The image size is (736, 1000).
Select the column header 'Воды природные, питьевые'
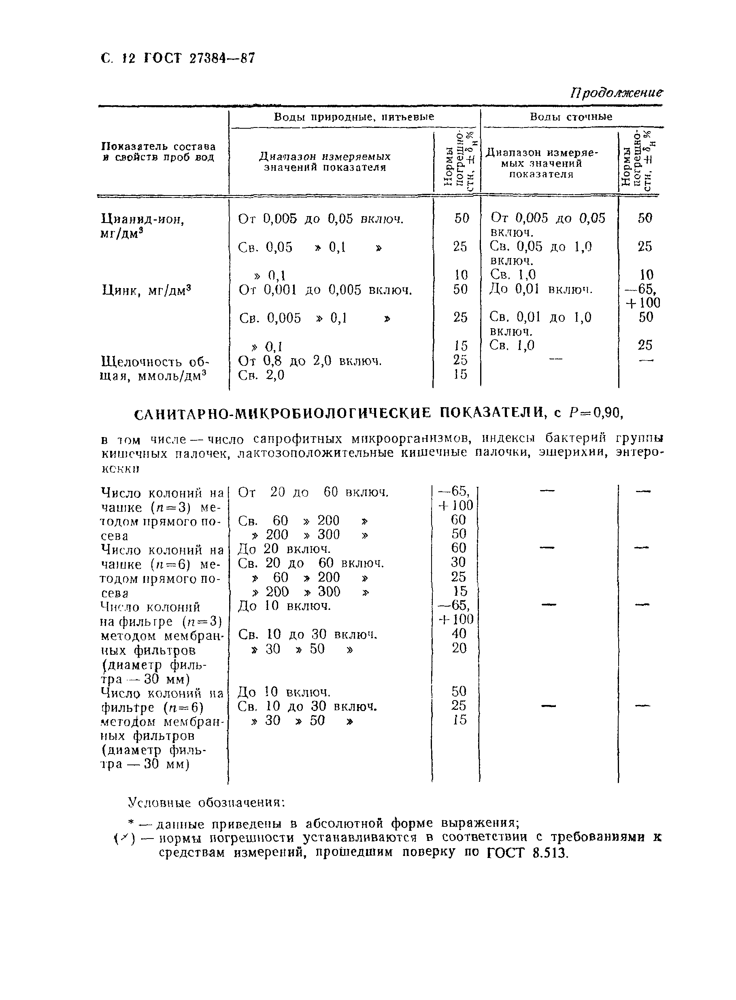pyautogui.click(x=354, y=117)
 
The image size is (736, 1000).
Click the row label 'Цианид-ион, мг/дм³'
pyautogui.click(x=143, y=226)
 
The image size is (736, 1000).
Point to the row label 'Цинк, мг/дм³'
pyautogui.click(x=147, y=291)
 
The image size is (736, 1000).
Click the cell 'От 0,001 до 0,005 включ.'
pyautogui.click(x=325, y=290)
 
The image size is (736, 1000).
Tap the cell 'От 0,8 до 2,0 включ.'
pyautogui.click(x=310, y=361)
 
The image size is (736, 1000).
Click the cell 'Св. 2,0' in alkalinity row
pyautogui.click(x=261, y=375)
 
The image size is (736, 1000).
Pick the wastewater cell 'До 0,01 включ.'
pyautogui.click(x=541, y=289)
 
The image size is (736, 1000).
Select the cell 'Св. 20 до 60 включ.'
pyautogui.click(x=311, y=563)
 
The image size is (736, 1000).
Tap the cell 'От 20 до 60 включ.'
pyautogui.click(x=313, y=493)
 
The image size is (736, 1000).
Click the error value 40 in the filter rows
pyautogui.click(x=459, y=634)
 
